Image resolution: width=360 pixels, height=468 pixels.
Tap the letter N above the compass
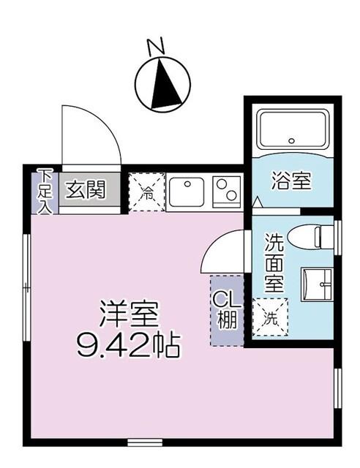[x=154, y=48]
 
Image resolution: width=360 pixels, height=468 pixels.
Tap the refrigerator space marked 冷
[x=147, y=192]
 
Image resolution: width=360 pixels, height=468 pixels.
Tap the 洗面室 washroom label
[x=274, y=263]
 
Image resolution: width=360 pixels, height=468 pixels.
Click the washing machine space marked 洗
[x=271, y=317]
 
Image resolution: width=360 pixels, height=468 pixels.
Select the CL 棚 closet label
[x=225, y=310]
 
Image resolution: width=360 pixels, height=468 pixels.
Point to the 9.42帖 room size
[x=129, y=344]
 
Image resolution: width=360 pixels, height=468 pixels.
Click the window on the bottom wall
[x=145, y=442]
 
